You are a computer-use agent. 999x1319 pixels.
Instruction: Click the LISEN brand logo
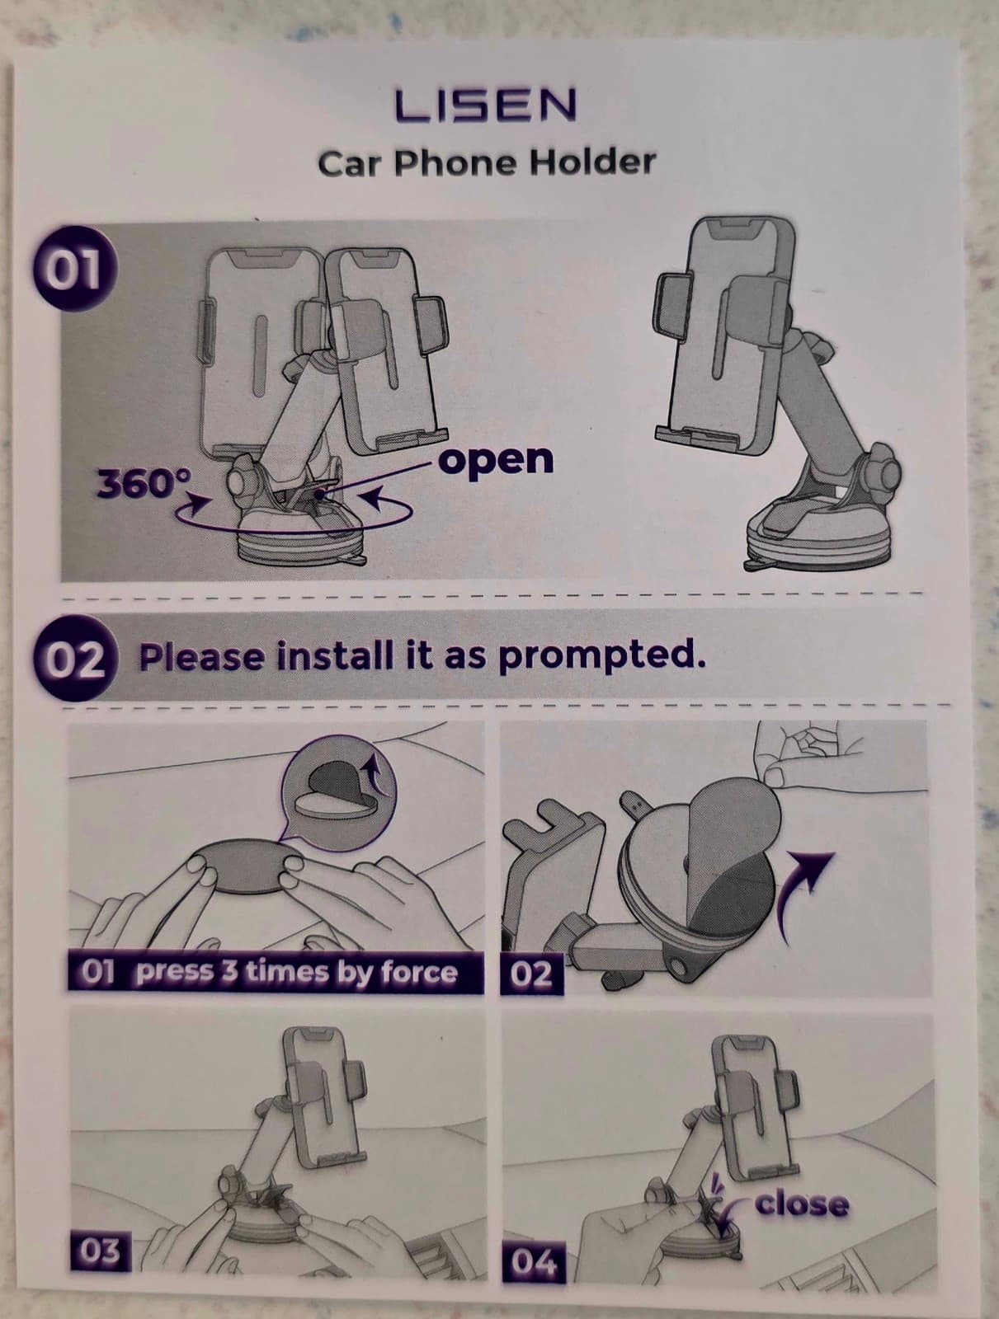486,106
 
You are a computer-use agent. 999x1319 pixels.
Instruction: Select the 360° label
145,484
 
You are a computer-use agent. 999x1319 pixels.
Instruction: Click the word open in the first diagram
497,458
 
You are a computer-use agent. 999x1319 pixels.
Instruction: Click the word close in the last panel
802,1204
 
